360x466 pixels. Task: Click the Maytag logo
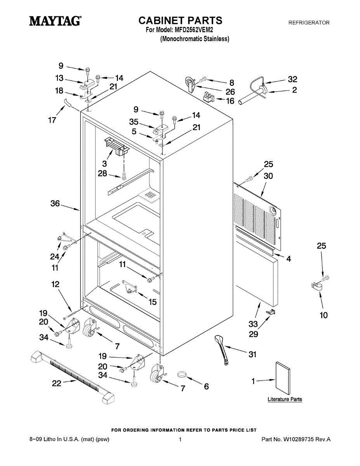click(x=56, y=21)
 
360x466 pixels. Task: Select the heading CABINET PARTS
click(x=181, y=20)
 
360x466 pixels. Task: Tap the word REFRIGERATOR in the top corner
click(x=309, y=23)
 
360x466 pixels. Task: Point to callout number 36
click(x=55, y=203)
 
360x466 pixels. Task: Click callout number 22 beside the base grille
click(x=57, y=383)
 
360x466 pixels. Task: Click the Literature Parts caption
click(x=285, y=399)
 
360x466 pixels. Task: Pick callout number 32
click(x=292, y=79)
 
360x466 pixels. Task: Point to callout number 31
click(x=252, y=355)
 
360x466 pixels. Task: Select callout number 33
click(x=253, y=323)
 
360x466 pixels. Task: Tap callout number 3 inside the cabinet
click(x=104, y=164)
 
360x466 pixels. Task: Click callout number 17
click(x=52, y=120)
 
